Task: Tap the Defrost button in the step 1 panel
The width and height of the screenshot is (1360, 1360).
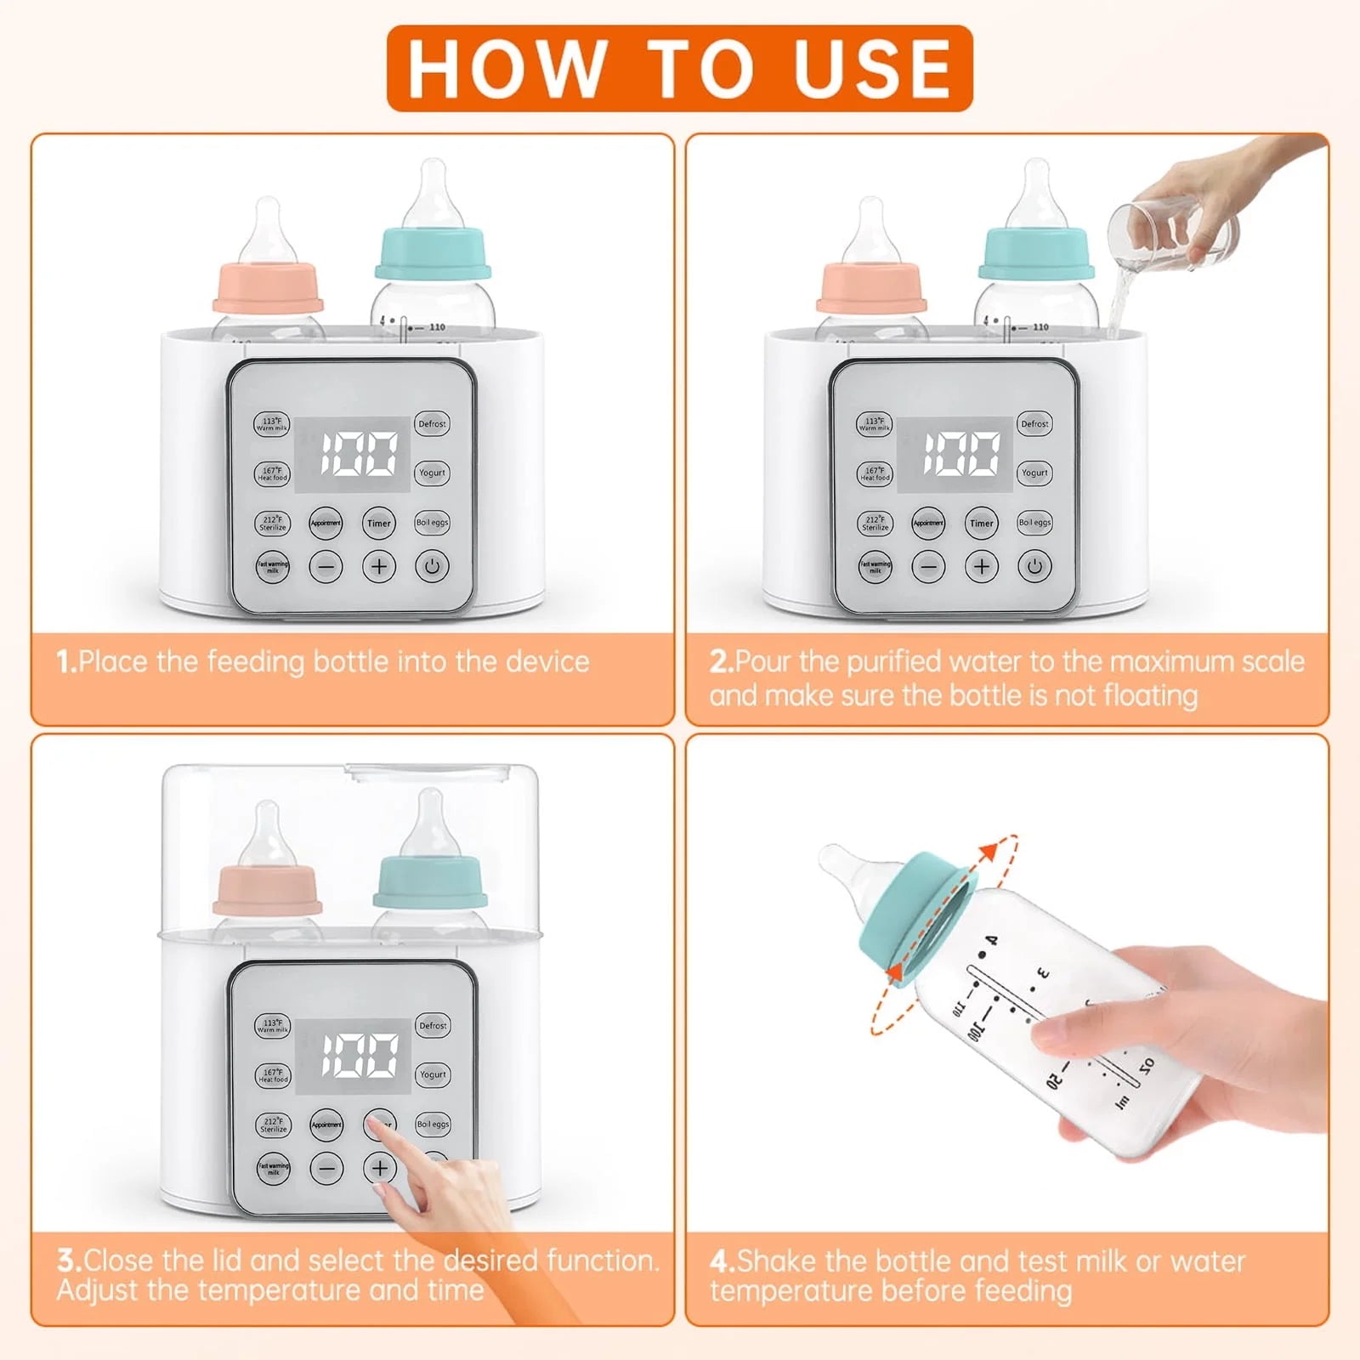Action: (x=432, y=423)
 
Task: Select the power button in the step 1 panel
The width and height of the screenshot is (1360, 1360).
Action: (x=432, y=566)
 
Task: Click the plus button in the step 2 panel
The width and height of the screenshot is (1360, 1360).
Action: (x=982, y=566)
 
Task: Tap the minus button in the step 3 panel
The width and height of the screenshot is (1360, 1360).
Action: (x=326, y=1168)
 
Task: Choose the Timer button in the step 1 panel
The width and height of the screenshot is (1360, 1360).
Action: (x=379, y=523)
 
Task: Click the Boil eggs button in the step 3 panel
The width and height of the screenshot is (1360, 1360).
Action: (x=433, y=1124)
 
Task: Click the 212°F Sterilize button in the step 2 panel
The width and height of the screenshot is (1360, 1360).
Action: (x=875, y=523)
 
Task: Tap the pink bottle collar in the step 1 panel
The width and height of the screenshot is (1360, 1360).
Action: (x=268, y=289)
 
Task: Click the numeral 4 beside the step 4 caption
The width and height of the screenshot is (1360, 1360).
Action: (x=720, y=1261)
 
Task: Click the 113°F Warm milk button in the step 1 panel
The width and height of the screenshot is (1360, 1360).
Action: (x=272, y=423)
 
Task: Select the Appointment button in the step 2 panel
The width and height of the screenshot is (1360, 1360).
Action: (x=928, y=523)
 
